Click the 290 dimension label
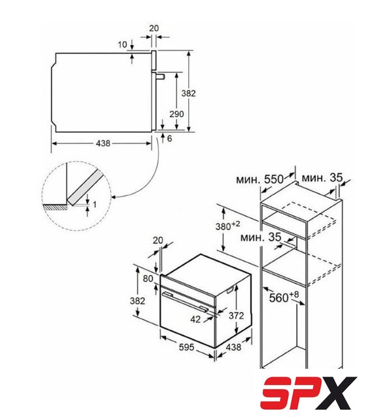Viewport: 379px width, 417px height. (176, 114)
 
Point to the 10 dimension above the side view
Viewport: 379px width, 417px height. (122, 44)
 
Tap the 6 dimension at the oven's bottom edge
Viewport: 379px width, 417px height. (169, 139)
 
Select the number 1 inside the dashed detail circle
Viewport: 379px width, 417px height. (95, 205)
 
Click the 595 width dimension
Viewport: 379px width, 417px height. (187, 347)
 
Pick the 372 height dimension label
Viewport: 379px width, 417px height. (236, 315)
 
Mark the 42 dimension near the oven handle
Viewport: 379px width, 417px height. (195, 319)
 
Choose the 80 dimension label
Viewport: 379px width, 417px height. (148, 279)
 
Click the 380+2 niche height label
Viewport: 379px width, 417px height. (227, 226)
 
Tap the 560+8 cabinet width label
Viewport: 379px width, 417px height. (284, 297)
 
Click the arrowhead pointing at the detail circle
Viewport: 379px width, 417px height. (113, 197)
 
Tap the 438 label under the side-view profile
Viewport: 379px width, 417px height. (103, 143)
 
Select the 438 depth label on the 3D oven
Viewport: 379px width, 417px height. (234, 347)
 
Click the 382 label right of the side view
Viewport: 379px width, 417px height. (188, 93)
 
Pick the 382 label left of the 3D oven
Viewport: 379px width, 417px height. (137, 301)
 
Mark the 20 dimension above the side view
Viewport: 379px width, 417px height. (154, 28)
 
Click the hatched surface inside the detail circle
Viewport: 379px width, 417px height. (56, 207)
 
